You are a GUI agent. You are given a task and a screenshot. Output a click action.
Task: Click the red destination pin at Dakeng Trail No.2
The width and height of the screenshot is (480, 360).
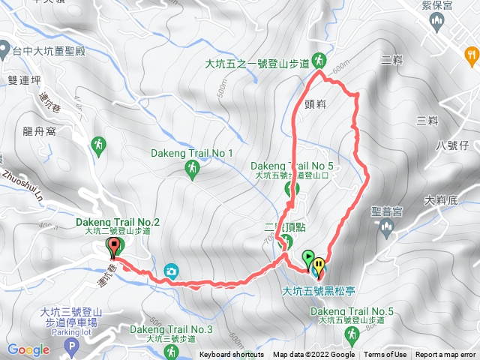click(x=114, y=247)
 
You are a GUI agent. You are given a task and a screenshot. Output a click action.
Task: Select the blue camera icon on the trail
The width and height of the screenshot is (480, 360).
click(x=171, y=270)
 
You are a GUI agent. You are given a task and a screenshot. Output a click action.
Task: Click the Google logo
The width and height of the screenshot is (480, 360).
click(x=28, y=349)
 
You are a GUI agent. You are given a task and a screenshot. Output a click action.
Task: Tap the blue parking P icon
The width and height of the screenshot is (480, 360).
click(x=72, y=346)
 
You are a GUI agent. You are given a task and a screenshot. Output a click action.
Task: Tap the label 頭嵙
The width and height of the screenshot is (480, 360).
click(x=316, y=105)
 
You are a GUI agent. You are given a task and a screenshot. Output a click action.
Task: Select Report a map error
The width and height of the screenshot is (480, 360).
click(x=446, y=355)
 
